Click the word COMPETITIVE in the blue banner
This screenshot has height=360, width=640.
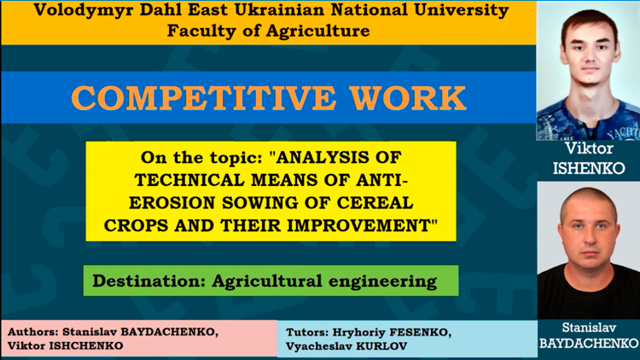[x=203, y=98]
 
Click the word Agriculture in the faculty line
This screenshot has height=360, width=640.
[x=318, y=31]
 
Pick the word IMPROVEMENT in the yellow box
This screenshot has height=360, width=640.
[x=358, y=225]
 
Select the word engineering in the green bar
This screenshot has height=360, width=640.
[x=382, y=282]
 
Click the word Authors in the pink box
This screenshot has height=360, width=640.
[x=32, y=332]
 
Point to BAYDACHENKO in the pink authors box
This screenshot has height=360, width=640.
[x=169, y=332]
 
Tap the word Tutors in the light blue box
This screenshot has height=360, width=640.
[x=307, y=332]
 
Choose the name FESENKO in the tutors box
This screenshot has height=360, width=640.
[x=420, y=333]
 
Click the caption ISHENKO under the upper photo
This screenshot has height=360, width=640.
[x=589, y=168]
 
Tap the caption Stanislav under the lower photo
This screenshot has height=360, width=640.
[x=589, y=328]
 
